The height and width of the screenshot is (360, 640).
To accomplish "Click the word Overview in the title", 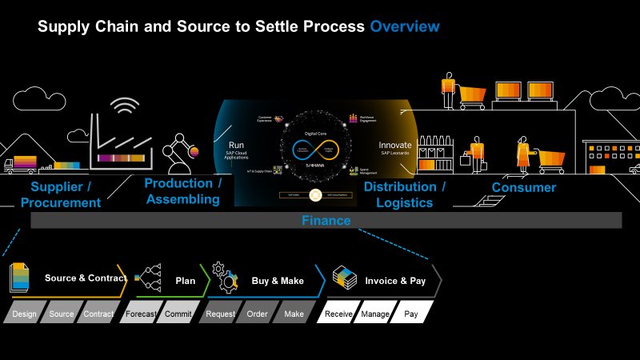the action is coord(404,27).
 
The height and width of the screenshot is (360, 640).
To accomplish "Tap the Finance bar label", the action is coord(326,220).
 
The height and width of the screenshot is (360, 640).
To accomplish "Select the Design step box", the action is coord(24,314).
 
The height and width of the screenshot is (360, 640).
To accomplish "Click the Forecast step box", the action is coord(141,314).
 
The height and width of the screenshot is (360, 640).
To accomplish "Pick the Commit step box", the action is coord(177,314).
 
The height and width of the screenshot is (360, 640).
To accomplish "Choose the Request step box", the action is coord(220,314).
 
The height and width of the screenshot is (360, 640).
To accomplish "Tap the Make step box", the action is coord(294,314).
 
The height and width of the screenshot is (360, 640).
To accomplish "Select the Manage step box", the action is coord(374,314).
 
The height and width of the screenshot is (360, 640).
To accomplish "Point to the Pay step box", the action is coord(411,314).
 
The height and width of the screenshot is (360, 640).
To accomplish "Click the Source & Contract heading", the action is coord(85,278).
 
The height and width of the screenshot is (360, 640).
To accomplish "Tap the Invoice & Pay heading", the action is coord(395,281).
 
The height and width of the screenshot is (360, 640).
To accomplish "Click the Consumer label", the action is coord(524,187).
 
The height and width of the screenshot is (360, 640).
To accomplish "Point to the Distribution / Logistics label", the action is coord(405,194).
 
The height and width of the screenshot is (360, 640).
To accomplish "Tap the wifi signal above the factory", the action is coord(124,106).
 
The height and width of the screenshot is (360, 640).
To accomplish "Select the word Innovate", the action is coord(394,146).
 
